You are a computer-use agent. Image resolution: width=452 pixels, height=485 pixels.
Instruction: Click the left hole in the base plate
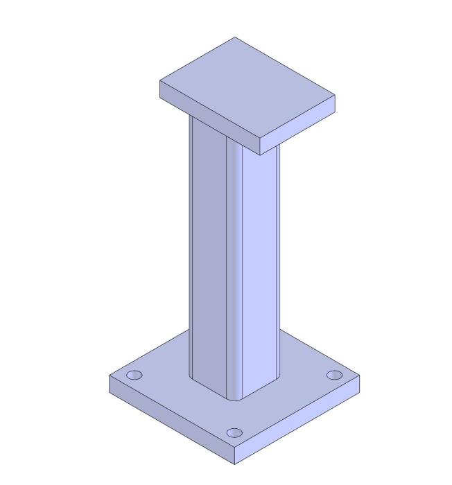(134, 376)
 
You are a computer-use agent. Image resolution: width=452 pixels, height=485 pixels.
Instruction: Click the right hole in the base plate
(334, 375)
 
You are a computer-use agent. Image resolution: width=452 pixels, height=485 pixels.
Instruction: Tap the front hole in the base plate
(235, 433)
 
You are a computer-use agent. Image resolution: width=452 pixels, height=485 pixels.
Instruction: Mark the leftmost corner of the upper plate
(161, 82)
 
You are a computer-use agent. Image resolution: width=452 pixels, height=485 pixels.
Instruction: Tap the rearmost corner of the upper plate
(234, 37)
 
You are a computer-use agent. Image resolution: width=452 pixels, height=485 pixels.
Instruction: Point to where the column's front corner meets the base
(235, 399)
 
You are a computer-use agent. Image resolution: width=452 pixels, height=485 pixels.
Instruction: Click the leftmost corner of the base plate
(110, 376)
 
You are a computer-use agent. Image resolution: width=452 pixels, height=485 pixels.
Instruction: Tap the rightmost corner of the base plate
(360, 378)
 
